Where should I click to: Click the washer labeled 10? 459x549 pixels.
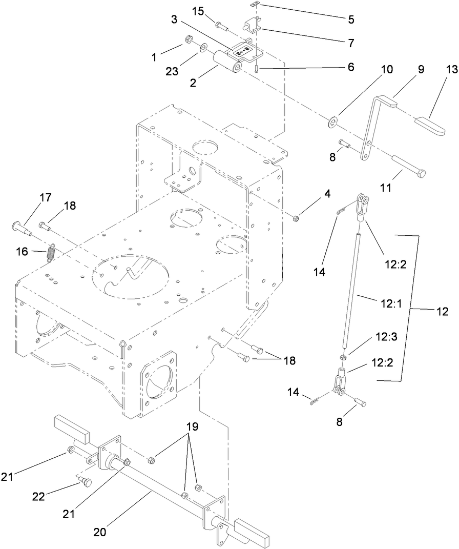click(x=333, y=122)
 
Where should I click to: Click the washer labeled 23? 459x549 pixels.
click(x=203, y=48)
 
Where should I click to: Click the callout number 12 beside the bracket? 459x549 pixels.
click(x=442, y=311)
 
